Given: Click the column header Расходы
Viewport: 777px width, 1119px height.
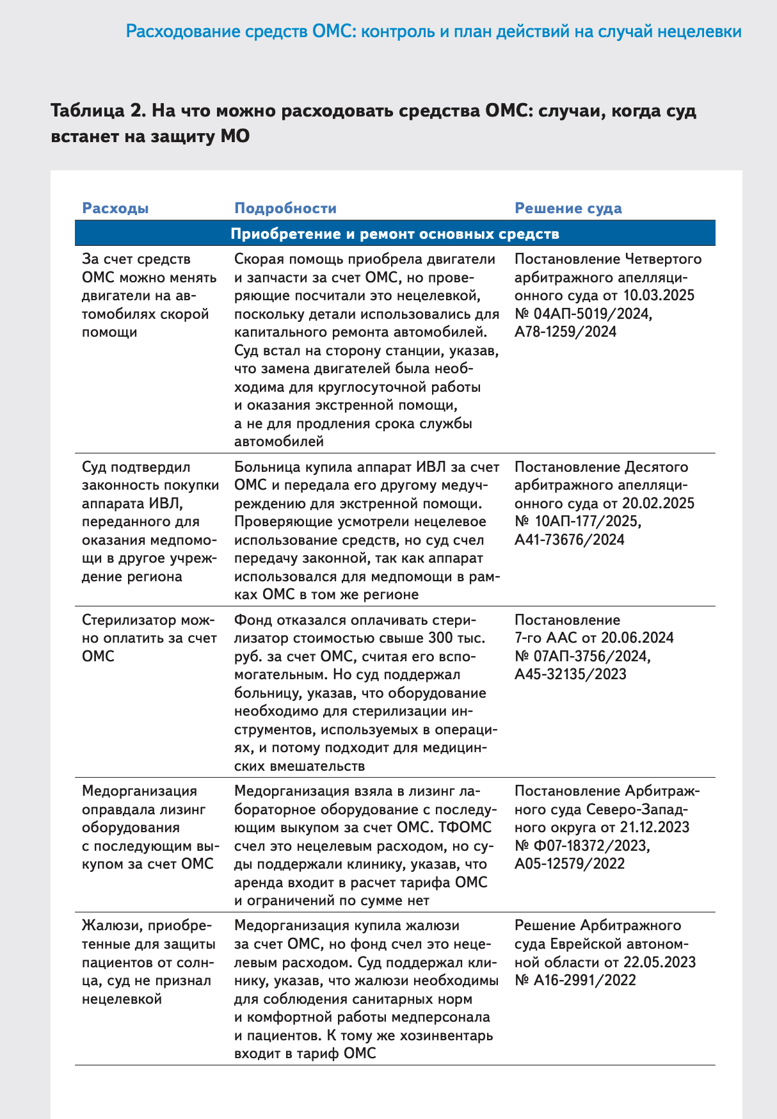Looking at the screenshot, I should pos(115,208).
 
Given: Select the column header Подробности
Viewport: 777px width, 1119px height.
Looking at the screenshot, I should pos(285,208).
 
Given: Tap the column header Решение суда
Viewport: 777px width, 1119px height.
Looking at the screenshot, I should pos(568,208).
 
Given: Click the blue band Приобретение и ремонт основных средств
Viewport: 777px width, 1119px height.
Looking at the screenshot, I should pos(394,234).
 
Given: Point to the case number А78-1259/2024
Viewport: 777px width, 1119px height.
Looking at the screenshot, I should pos(565,332).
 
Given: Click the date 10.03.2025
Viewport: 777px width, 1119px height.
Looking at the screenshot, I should pos(659,295).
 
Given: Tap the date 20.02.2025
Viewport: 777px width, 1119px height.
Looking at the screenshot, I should pos(659,503).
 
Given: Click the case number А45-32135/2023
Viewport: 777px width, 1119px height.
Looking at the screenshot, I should pos(570,674).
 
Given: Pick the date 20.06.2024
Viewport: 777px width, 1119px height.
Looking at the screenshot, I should pos(637,638).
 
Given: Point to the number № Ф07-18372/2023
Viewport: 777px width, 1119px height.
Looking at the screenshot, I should pos(582,846).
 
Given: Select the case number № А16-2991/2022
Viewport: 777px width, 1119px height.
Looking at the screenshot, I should pos(575,980).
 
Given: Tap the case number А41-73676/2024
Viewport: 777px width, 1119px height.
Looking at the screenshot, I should pos(569,540).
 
